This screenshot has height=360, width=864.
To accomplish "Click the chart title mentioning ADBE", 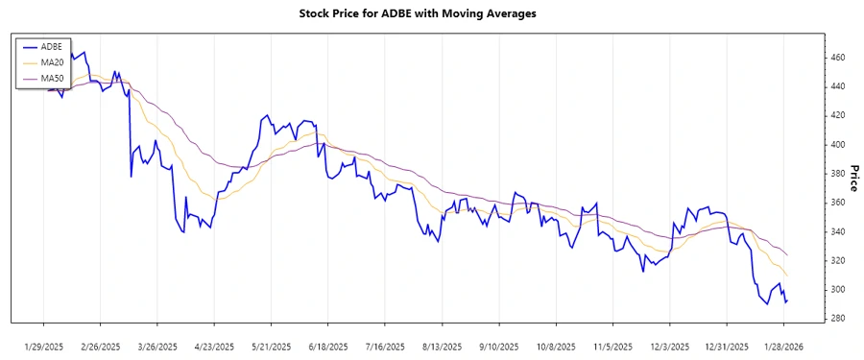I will pyautogui.click(x=431, y=13).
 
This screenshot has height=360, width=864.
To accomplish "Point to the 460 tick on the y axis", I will pyautogui.click(x=838, y=58).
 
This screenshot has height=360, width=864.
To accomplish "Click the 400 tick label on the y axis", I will pyautogui.click(x=838, y=144).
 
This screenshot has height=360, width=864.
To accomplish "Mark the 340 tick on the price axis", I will pyautogui.click(x=838, y=231).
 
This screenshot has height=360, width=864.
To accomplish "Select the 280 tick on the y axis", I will pyautogui.click(x=838, y=319).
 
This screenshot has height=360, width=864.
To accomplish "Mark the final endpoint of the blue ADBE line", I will pyautogui.click(x=787, y=301).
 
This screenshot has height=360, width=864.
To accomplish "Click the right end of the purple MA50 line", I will pyautogui.click(x=787, y=255).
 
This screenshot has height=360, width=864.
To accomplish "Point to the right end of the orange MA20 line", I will pyautogui.click(x=787, y=276).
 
